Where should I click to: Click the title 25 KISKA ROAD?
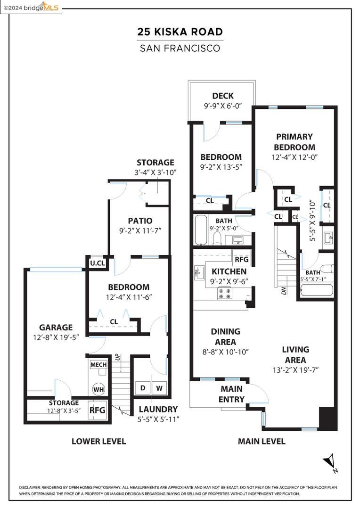pyautogui.click(x=180, y=32)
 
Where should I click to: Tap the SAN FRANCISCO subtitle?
pyautogui.click(x=180, y=49)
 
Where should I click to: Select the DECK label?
pyautogui.click(x=223, y=96)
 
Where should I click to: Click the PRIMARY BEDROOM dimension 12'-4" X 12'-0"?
pyautogui.click(x=295, y=157)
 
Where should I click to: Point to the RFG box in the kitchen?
pyautogui.click(x=242, y=259)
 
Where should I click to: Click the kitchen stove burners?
pyautogui.click(x=225, y=294)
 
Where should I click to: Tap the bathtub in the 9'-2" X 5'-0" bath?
pyautogui.click(x=201, y=230)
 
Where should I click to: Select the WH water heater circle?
pyautogui.click(x=98, y=389)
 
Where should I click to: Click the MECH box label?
pyautogui.click(x=98, y=364)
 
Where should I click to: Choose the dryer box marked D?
pyautogui.click(x=143, y=388)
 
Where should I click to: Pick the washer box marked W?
pyautogui.click(x=159, y=388)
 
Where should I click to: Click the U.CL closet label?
pyautogui.click(x=98, y=263)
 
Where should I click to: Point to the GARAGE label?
pyautogui.click(x=56, y=328)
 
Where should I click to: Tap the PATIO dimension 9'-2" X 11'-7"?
pyautogui.click(x=140, y=231)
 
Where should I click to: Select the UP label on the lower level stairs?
pyautogui.click(x=117, y=357)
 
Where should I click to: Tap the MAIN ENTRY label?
pyautogui.click(x=231, y=394)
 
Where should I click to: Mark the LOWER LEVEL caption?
pyautogui.click(x=98, y=442)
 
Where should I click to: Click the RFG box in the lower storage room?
pyautogui.click(x=98, y=410)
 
